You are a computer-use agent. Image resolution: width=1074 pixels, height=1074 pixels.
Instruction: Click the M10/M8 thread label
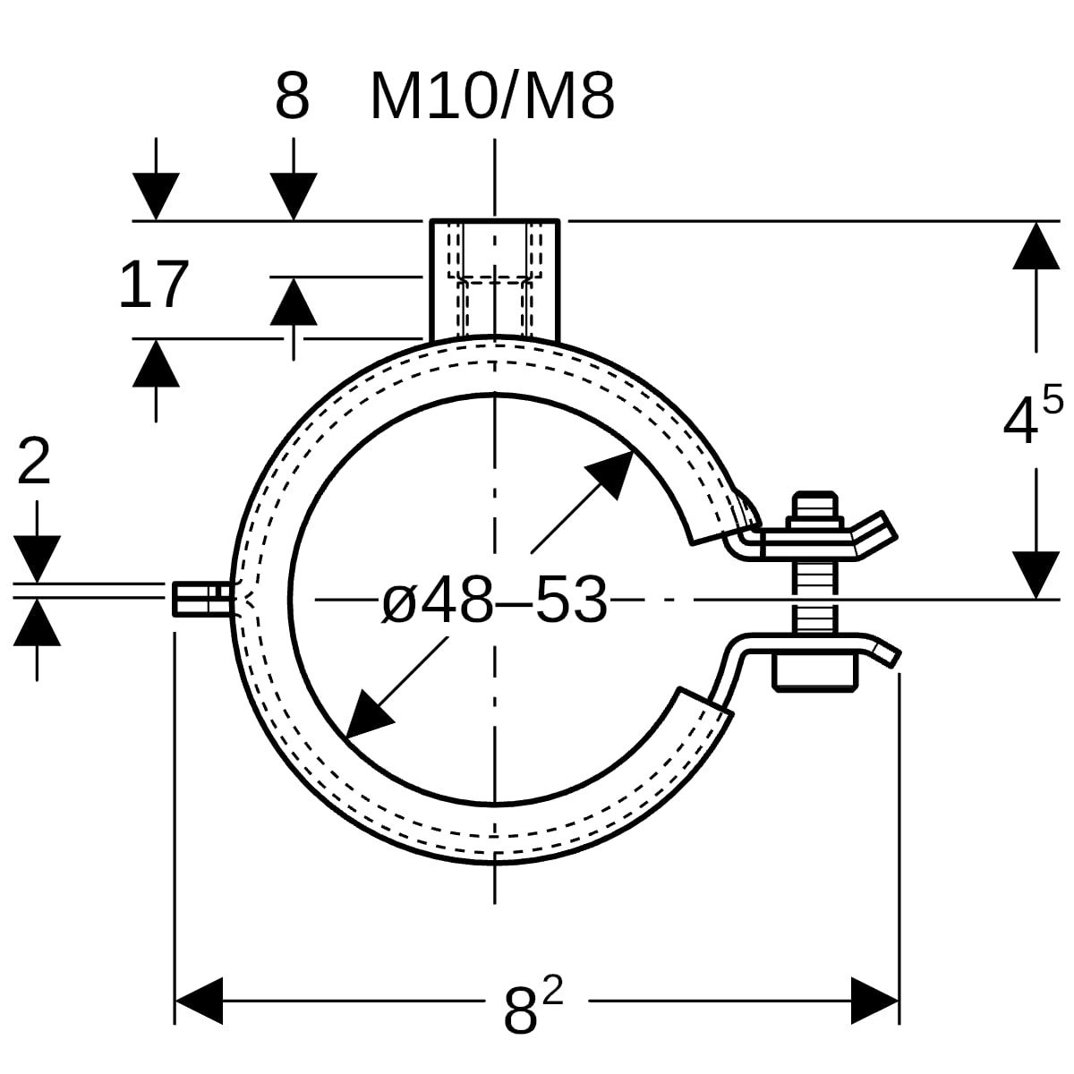[491, 98]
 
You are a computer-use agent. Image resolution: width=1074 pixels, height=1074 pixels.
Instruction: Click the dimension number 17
[153, 286]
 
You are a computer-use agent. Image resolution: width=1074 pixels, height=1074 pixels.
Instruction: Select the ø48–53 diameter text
[494, 600]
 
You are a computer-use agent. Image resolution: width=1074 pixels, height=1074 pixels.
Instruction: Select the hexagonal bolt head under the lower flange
[815, 670]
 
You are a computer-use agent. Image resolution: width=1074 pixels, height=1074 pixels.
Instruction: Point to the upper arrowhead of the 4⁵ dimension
[1036, 246]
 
